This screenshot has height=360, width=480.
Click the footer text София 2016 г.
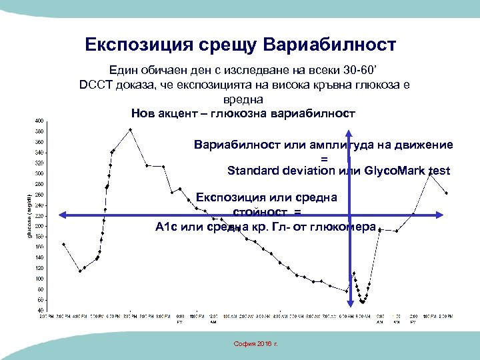coord(255,343)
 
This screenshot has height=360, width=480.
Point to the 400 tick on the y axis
coord(39,121)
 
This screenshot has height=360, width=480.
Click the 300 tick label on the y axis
coord(39,173)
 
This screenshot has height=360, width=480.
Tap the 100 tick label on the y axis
coord(39,279)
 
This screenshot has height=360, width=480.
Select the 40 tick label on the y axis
coord(41,310)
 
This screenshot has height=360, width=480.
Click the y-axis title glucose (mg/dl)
coord(29,215)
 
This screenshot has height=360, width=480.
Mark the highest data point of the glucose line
coord(131,129)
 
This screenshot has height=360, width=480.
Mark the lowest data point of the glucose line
coord(362,302)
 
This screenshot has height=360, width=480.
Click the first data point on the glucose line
coord(63,244)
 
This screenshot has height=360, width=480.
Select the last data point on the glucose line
coord(446,193)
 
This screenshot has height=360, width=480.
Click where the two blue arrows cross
coord(349,215)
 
